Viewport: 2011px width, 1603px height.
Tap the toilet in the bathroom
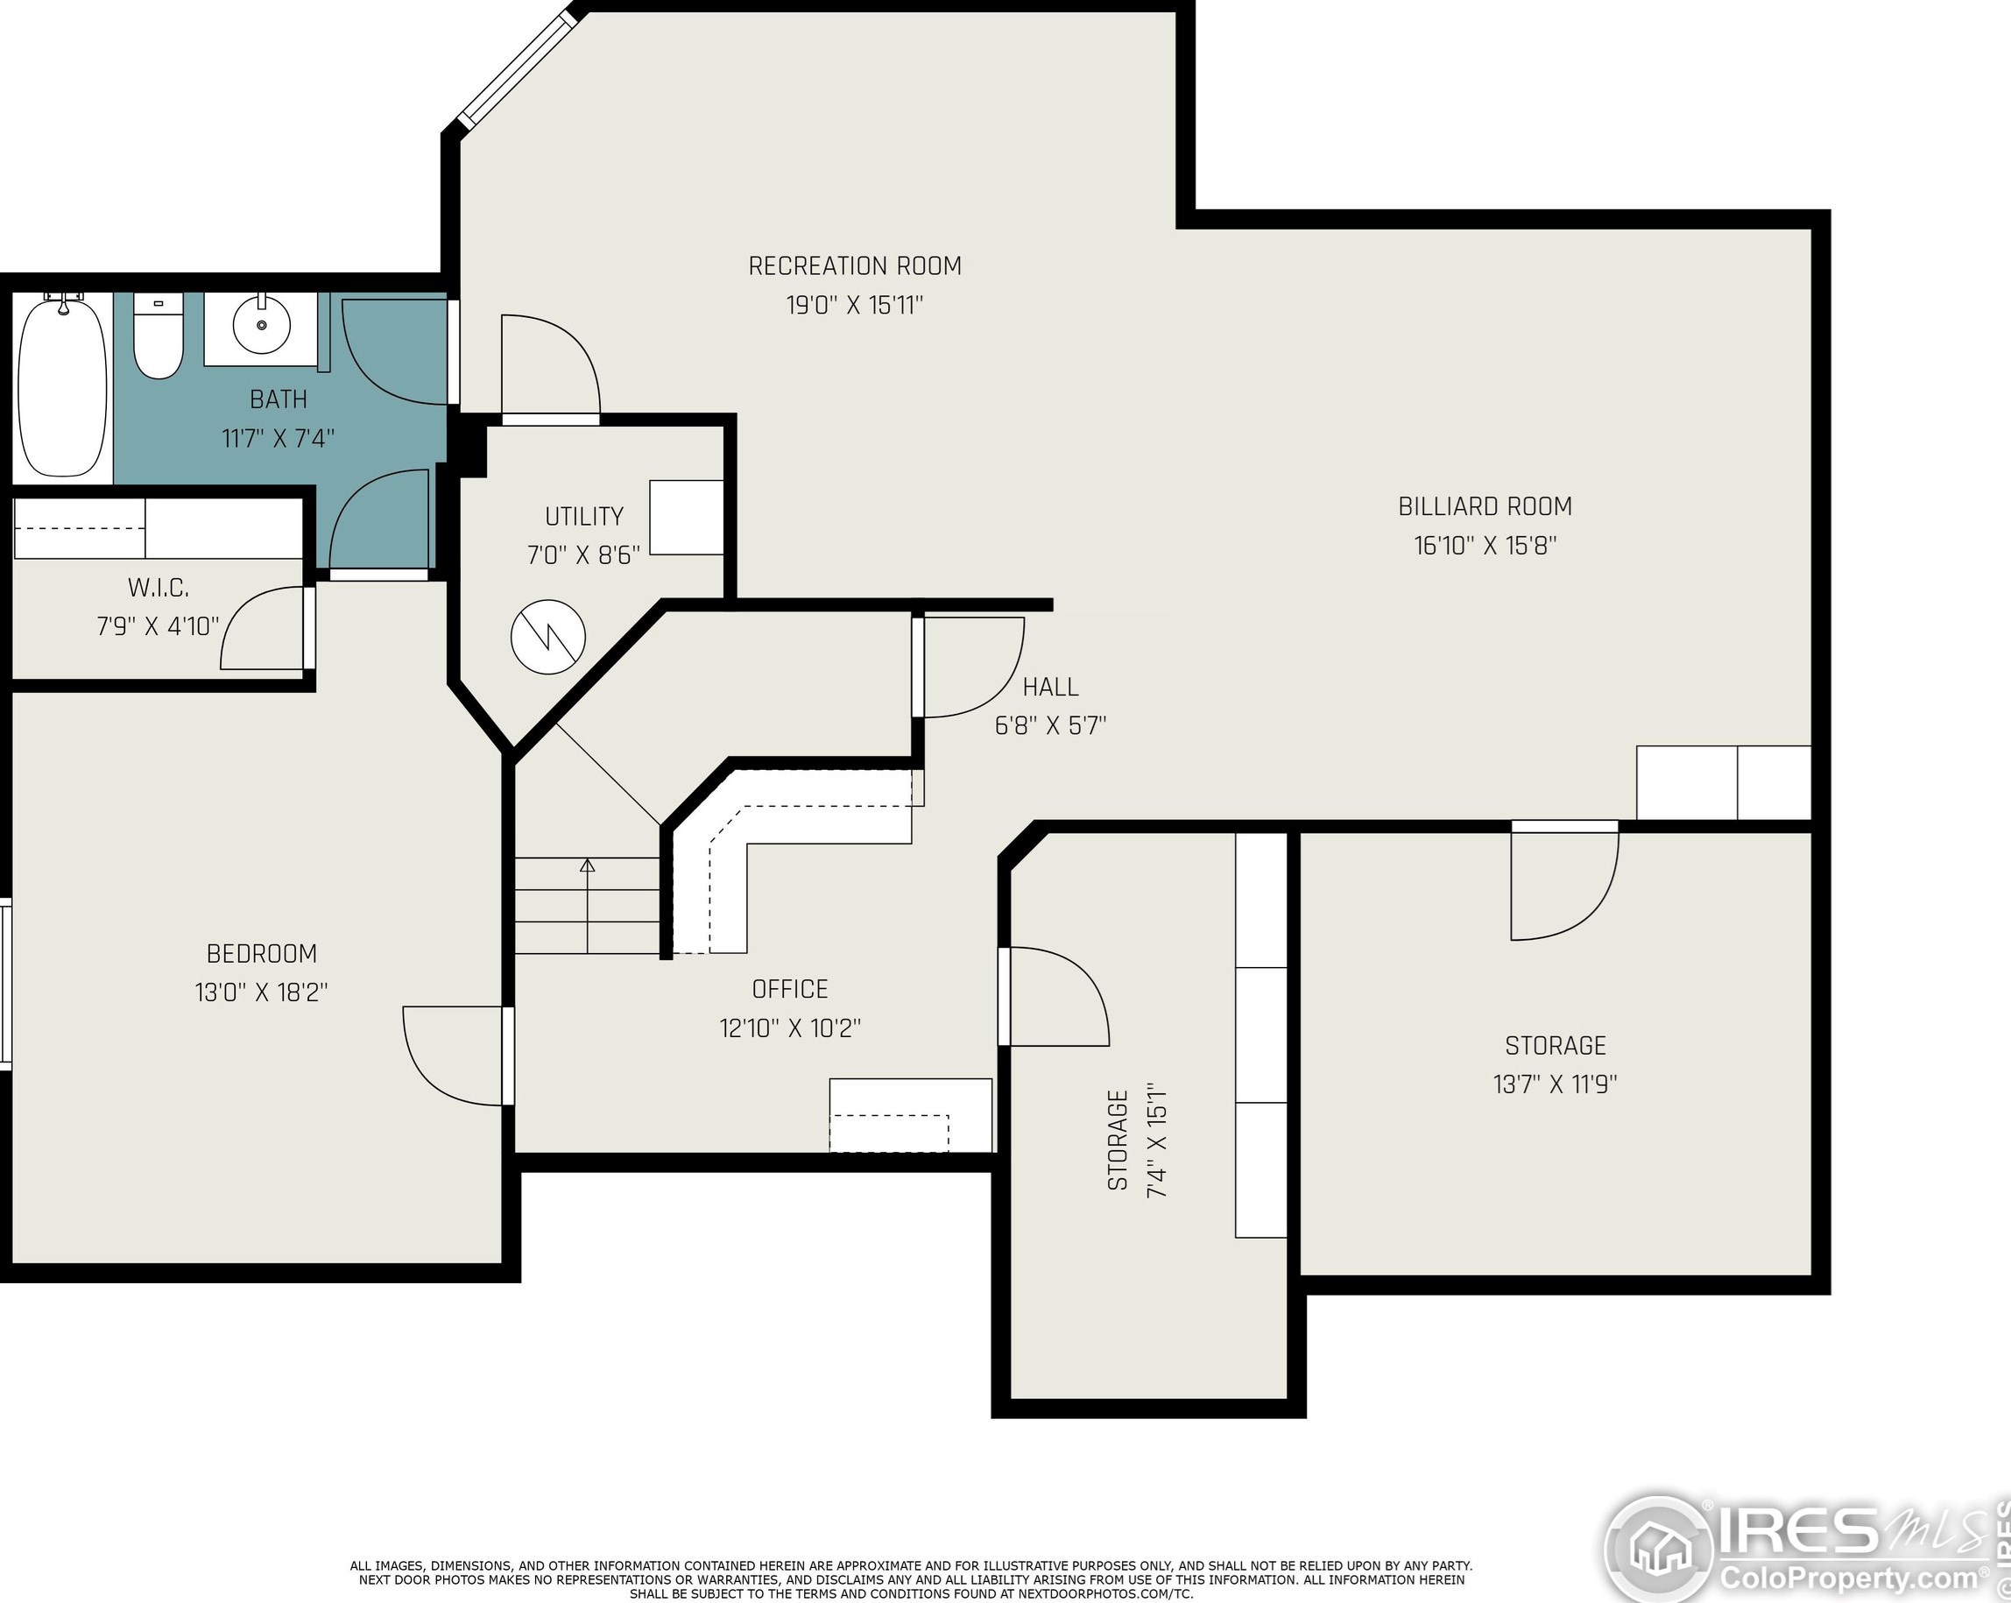(x=159, y=335)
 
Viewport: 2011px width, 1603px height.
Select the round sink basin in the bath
(x=262, y=324)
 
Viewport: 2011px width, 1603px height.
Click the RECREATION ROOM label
(x=854, y=266)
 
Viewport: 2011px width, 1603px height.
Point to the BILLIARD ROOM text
(x=1485, y=505)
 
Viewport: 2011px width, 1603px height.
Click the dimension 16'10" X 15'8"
(x=1485, y=545)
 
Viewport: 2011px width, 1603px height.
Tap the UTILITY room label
(x=584, y=516)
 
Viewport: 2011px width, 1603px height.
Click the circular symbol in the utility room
(x=548, y=638)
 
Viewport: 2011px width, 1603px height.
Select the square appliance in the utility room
(x=687, y=517)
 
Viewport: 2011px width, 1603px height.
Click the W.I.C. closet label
(x=159, y=588)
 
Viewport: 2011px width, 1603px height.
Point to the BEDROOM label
(x=261, y=954)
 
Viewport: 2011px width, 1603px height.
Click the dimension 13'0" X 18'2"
(x=261, y=992)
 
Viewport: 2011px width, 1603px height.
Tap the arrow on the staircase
(x=588, y=905)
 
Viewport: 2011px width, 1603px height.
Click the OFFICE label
(x=790, y=989)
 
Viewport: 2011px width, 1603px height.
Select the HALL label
(x=1050, y=687)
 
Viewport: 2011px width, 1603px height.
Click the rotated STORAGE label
(x=1118, y=1140)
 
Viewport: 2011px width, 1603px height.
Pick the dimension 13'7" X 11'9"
(x=1555, y=1084)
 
